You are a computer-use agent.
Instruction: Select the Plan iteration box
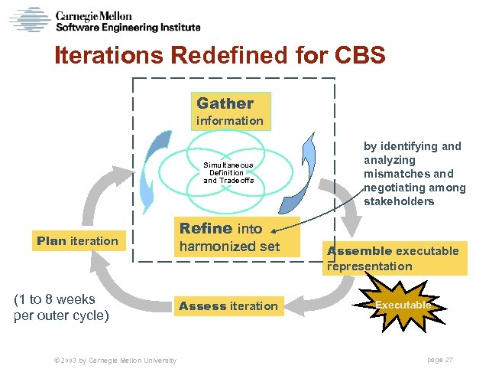pos(77,241)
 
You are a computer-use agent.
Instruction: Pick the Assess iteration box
pos(228,306)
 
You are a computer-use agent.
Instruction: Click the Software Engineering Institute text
pos(128,28)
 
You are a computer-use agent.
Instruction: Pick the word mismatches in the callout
pos(397,174)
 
